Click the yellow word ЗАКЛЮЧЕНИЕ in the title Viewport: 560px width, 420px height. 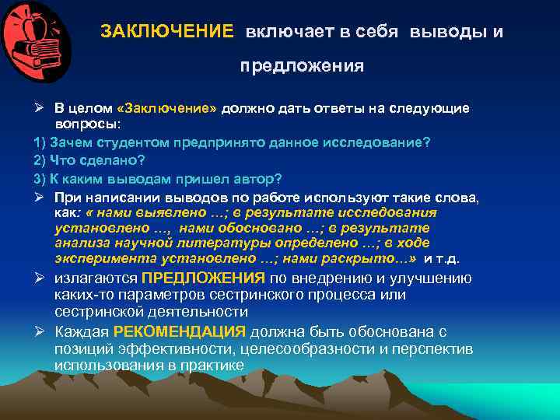[166, 32]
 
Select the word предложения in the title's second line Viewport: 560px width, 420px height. [301, 66]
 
